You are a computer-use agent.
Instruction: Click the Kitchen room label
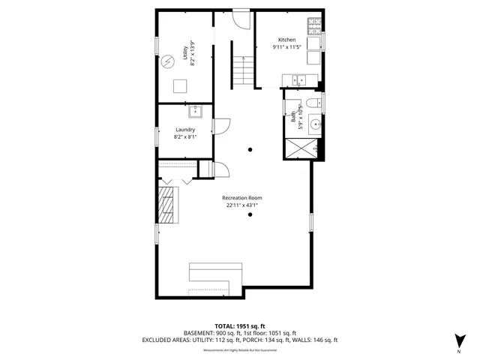[287, 40]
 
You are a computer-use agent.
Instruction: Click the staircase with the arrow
[240, 71]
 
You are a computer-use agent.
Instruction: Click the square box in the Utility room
[181, 85]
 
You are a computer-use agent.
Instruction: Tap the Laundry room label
[184, 130]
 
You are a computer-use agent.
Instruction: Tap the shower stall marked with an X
[298, 151]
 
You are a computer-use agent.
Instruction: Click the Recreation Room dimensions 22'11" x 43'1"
[241, 205]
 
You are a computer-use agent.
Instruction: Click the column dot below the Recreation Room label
[250, 215]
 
